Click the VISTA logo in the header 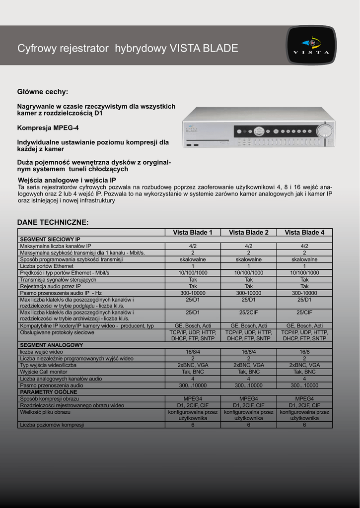click(x=311, y=45)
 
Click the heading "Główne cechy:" click(x=43, y=92)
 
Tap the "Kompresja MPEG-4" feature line click(x=48, y=127)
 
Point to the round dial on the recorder click(x=326, y=131)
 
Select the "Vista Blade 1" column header click(x=193, y=232)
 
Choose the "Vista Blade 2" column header click(x=249, y=232)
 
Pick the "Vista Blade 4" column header click(x=304, y=232)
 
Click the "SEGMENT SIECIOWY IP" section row click(x=50, y=239)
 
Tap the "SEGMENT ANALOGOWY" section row click(x=52, y=345)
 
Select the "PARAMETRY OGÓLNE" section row click(x=49, y=392)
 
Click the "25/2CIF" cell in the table click(x=249, y=313)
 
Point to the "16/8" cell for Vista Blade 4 click(x=304, y=351)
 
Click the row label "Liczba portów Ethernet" click(x=47, y=266)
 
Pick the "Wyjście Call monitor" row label click(x=44, y=372)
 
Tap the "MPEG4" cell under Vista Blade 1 click(x=193, y=398)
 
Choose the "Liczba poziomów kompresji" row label click(x=52, y=425)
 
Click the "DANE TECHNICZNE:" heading click(x=53, y=222)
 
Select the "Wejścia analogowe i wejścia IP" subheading click(x=67, y=180)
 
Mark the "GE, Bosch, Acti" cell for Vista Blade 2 click(x=249, y=325)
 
